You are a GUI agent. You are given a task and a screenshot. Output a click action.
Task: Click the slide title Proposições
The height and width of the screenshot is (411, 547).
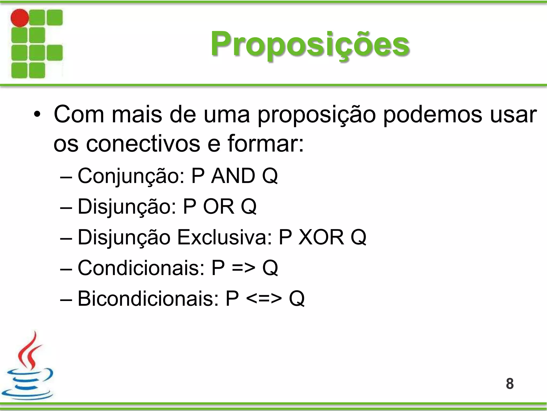310,44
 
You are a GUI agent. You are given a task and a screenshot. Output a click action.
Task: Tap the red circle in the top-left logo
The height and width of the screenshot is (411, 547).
20,18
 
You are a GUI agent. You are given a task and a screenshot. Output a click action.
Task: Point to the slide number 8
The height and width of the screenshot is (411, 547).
510,384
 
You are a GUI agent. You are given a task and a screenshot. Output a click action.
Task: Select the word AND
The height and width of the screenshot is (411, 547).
233,176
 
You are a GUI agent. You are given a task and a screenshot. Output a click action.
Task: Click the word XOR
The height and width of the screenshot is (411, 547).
321,237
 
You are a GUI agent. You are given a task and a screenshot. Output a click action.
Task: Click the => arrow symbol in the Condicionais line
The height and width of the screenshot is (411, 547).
243,268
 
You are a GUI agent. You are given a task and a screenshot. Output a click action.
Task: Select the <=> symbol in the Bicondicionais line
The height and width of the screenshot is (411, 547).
264,298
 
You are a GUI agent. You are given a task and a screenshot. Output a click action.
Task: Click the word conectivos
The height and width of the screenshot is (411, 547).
143,144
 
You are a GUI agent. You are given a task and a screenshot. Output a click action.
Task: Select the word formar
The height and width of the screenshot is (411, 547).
265,144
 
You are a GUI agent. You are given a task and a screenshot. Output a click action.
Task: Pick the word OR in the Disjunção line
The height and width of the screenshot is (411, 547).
218,207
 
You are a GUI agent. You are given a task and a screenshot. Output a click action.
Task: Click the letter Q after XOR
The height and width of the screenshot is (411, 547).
358,238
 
